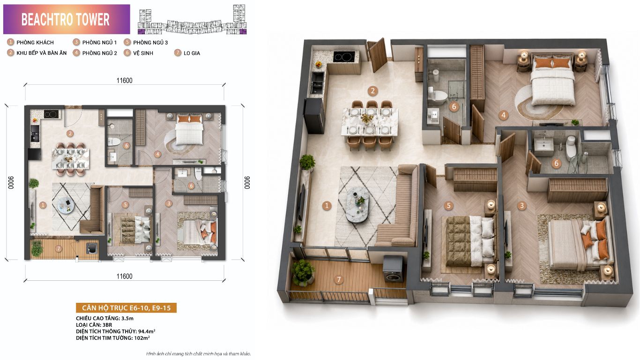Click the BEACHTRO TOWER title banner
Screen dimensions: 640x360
(x=67, y=19)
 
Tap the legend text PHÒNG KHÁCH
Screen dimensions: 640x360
(x=35, y=43)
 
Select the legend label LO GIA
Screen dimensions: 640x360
(x=192, y=53)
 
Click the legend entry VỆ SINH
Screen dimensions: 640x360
(x=143, y=53)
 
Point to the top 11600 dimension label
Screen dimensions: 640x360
(x=124, y=81)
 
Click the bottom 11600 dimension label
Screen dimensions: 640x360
(x=124, y=277)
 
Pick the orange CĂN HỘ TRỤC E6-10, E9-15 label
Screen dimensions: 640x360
(x=127, y=308)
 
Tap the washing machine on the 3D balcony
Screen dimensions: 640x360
(x=393, y=270)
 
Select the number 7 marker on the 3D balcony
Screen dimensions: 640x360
(x=339, y=279)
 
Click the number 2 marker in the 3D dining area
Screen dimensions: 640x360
(x=372, y=91)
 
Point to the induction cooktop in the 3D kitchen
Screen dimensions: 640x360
(x=344, y=56)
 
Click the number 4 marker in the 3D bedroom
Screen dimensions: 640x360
(x=504, y=115)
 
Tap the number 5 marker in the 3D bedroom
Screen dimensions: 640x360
(x=448, y=206)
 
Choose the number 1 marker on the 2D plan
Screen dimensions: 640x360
(x=43, y=205)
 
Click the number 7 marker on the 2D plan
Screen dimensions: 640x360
(x=59, y=248)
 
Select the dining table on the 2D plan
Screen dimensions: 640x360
(x=71, y=159)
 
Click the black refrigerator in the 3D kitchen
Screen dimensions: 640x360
(x=314, y=116)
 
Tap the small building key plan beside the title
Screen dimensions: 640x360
(x=192, y=19)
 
